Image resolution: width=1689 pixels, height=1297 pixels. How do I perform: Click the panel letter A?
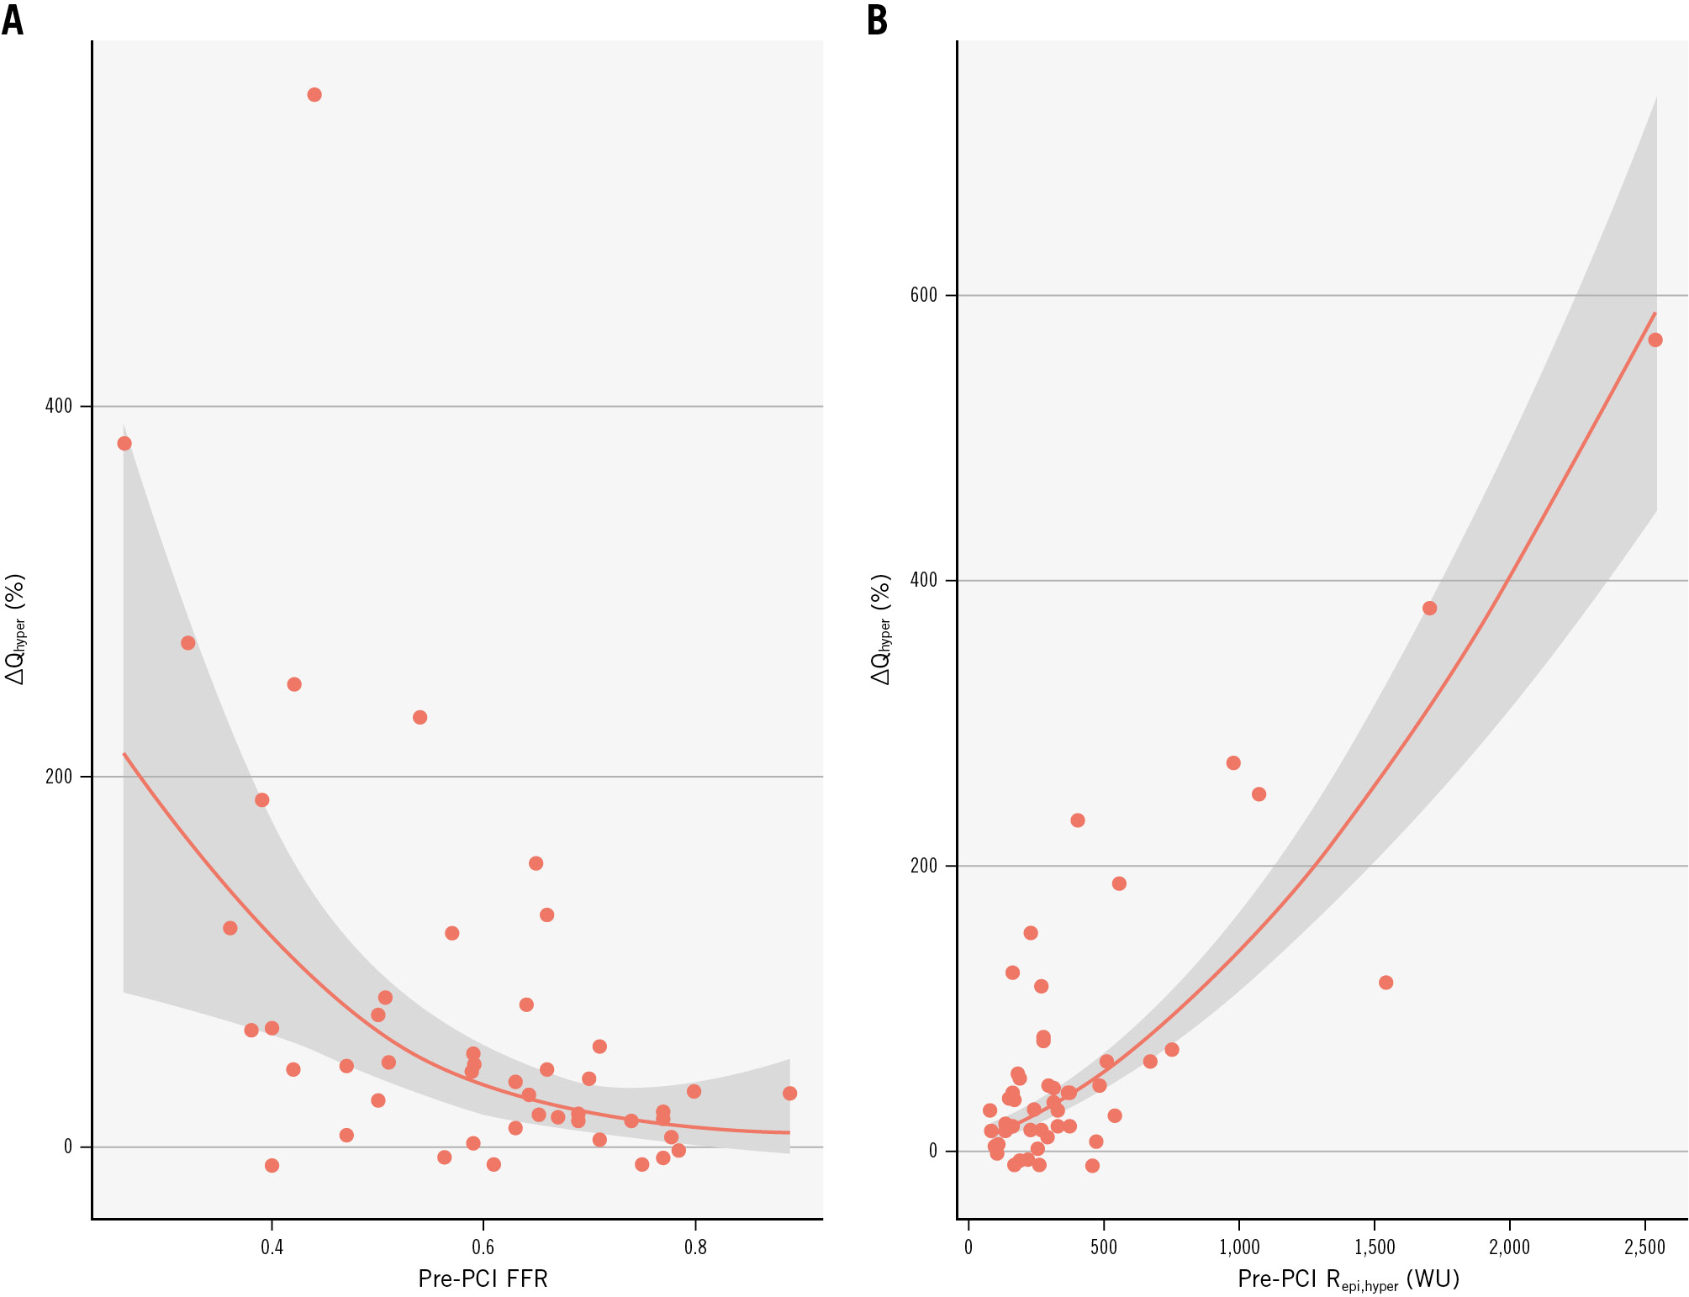click(13, 20)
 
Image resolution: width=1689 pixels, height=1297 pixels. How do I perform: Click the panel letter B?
click(877, 20)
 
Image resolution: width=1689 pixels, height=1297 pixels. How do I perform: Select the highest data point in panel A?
click(314, 95)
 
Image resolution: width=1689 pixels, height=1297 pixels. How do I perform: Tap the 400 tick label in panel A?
click(59, 406)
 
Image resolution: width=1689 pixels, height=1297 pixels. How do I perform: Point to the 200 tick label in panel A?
click(59, 776)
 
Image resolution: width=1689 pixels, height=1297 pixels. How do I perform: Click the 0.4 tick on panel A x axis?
click(272, 1247)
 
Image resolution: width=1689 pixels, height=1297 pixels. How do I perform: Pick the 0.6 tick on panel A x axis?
click(483, 1247)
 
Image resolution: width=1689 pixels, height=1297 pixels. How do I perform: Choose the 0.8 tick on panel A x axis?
click(695, 1247)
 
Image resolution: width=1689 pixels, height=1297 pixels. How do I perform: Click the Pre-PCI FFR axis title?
click(483, 1279)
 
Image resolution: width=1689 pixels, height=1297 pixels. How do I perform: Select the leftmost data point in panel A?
click(124, 443)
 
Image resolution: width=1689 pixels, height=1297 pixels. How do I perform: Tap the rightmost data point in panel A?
click(789, 1094)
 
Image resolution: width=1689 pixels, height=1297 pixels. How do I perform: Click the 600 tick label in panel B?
click(923, 295)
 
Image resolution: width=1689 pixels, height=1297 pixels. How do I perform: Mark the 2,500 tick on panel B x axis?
click(1644, 1247)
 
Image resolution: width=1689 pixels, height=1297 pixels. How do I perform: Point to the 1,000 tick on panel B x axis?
click(1239, 1247)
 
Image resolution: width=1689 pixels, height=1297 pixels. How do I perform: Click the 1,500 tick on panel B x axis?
click(1375, 1247)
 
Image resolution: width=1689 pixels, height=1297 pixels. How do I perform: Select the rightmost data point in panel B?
click(1655, 340)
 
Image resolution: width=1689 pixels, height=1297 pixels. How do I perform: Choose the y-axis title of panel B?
click(880, 629)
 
